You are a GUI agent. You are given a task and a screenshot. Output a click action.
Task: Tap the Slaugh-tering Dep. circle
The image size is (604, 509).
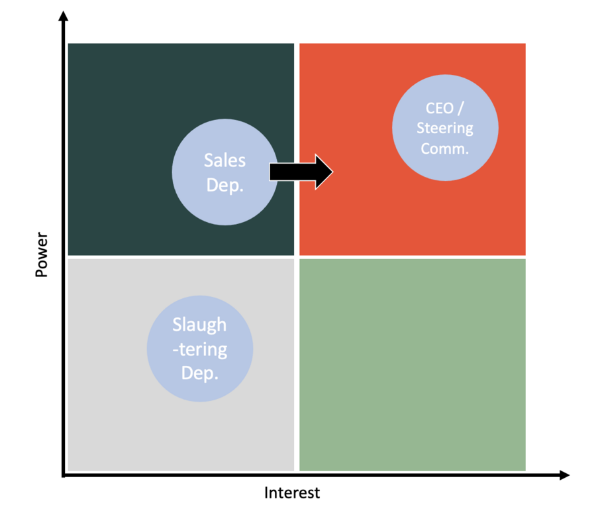pos(200,349)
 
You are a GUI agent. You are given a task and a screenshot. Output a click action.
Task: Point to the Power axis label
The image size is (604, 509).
pos(42,254)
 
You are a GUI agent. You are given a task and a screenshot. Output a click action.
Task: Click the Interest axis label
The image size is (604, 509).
pos(292,492)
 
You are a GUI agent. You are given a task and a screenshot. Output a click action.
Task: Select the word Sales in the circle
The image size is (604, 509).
pos(225,160)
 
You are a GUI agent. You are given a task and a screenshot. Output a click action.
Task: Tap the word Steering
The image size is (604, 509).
pos(445,128)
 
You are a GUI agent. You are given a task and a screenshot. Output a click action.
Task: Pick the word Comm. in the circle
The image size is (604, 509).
pos(445,148)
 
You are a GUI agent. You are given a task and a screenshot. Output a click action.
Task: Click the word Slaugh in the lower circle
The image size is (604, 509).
pos(199,325)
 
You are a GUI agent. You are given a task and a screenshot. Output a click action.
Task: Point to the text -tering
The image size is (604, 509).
pos(199,349)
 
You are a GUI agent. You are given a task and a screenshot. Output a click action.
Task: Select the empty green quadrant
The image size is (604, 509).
pos(413,365)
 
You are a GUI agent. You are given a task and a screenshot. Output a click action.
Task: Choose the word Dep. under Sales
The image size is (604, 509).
pos(225,186)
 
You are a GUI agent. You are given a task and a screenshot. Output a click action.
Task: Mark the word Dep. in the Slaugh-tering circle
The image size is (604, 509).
pos(200,373)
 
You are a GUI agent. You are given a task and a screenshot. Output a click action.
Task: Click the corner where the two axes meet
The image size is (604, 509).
pos(64,475)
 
